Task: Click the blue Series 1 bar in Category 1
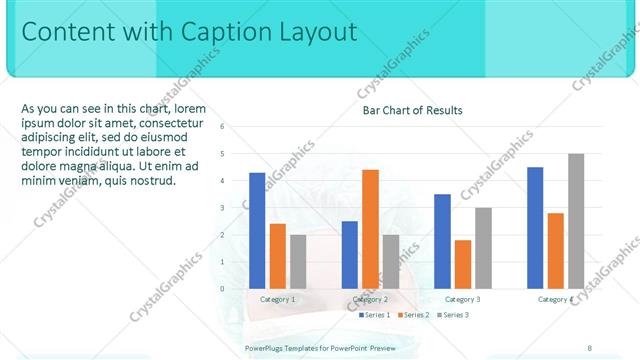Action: pyautogui.click(x=257, y=230)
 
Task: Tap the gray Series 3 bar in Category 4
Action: pyautogui.click(x=576, y=221)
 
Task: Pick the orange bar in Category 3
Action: pyautogui.click(x=463, y=264)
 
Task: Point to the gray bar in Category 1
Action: pyautogui.click(x=298, y=261)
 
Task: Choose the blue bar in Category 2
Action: pyautogui.click(x=350, y=255)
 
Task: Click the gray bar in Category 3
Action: pyautogui.click(x=483, y=248)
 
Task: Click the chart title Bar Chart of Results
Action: pyautogui.click(x=412, y=110)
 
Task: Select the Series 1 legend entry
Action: pyautogui.click(x=374, y=315)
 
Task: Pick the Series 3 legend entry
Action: pyautogui.click(x=452, y=315)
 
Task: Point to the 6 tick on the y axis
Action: pyautogui.click(x=222, y=127)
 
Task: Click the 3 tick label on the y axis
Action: pyautogui.click(x=222, y=208)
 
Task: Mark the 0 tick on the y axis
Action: pyautogui.click(x=222, y=289)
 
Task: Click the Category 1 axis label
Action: pyautogui.click(x=277, y=299)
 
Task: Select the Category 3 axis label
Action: pyautogui.click(x=463, y=299)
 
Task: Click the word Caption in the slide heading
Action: pyautogui.click(x=230, y=32)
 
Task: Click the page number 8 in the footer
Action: pyautogui.click(x=589, y=347)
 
